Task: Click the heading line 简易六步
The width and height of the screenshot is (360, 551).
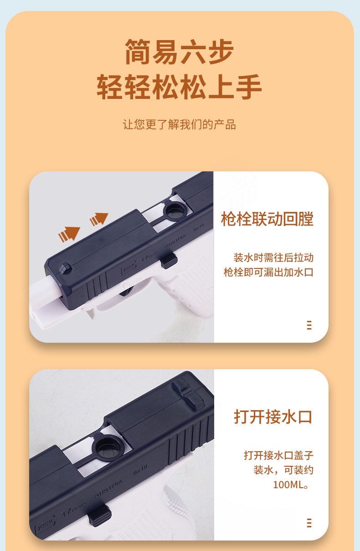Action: (x=179, y=52)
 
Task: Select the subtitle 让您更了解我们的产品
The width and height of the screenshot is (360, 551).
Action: (x=179, y=124)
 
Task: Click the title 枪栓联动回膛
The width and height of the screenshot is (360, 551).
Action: (x=267, y=219)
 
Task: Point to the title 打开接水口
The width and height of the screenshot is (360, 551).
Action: (x=273, y=417)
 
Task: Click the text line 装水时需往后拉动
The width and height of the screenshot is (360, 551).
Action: (x=273, y=257)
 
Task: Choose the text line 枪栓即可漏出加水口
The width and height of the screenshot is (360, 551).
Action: (x=268, y=272)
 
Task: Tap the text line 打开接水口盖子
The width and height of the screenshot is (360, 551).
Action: (x=278, y=455)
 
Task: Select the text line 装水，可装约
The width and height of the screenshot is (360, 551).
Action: (x=283, y=470)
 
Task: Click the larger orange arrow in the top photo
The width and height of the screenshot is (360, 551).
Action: (x=69, y=234)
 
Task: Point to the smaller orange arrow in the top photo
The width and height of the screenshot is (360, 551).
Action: (x=99, y=219)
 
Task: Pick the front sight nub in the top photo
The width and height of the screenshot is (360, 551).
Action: (x=66, y=268)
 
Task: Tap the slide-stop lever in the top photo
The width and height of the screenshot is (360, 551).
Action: (x=169, y=261)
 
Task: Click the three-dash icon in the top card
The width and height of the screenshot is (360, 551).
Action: (x=309, y=325)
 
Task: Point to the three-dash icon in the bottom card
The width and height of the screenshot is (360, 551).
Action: (x=309, y=523)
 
